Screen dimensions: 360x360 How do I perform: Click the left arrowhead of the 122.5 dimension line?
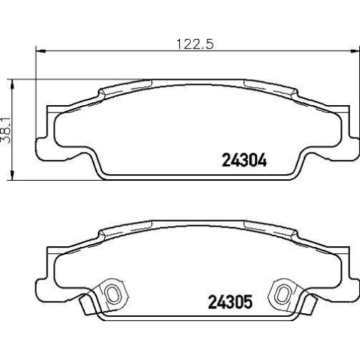pos(40,51)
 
